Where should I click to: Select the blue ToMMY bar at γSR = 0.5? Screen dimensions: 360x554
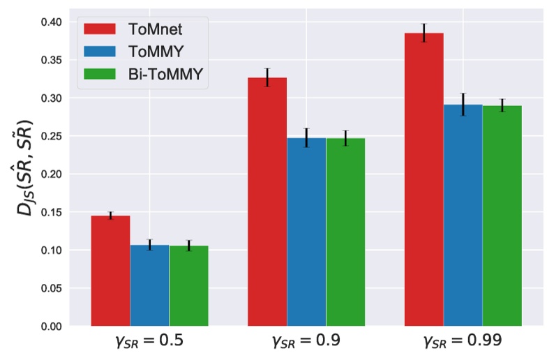click(149, 285)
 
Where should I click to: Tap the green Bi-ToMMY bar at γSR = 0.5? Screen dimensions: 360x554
click(188, 286)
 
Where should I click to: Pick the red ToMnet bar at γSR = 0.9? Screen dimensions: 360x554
click(267, 202)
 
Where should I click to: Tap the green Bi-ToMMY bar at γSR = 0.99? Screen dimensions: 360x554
click(502, 216)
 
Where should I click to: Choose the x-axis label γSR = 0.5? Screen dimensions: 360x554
click(149, 343)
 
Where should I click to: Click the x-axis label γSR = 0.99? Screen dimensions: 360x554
click(463, 343)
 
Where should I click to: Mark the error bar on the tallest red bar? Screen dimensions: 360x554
click(424, 33)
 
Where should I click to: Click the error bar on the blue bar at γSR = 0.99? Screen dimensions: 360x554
click(463, 104)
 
